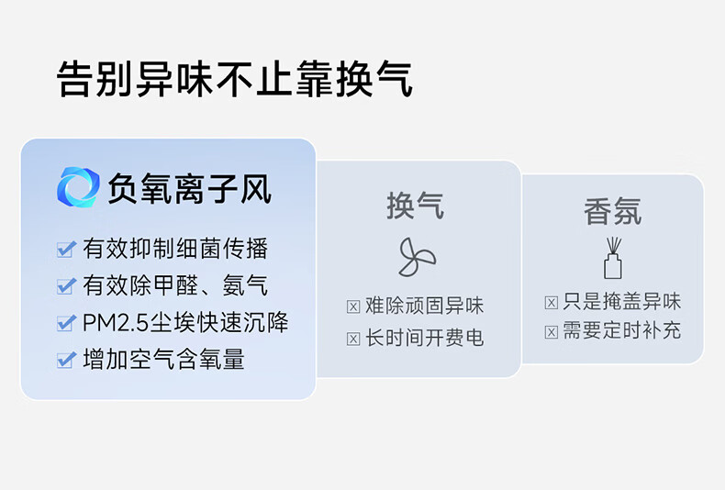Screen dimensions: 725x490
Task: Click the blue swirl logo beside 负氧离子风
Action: click(x=78, y=187)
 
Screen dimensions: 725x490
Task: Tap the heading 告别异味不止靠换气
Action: click(x=234, y=79)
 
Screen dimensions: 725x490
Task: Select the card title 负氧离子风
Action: click(x=190, y=189)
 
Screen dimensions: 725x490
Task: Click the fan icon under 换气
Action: click(x=417, y=257)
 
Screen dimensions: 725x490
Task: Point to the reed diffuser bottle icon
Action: click(x=613, y=258)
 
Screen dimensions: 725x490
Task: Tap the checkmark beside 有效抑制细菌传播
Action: click(x=66, y=250)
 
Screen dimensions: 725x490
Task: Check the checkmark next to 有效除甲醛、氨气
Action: click(x=66, y=286)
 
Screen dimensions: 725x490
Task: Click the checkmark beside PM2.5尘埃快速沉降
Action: click(x=66, y=323)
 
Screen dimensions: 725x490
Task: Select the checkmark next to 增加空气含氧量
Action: click(x=66, y=360)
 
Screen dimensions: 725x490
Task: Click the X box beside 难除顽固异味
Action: click(x=353, y=306)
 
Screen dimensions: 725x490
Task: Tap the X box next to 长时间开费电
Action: click(x=353, y=339)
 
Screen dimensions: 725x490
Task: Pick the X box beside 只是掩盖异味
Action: click(x=552, y=303)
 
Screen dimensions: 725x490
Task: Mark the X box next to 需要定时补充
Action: click(x=552, y=332)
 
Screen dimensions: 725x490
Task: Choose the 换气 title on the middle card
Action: click(x=415, y=206)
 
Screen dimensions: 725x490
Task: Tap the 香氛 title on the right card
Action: click(x=613, y=211)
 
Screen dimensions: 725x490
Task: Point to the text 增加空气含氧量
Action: click(x=163, y=359)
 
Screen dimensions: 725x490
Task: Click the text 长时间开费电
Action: click(x=425, y=339)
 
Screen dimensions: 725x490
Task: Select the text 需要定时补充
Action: click(x=622, y=331)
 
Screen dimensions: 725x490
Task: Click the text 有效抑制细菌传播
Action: click(x=175, y=249)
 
